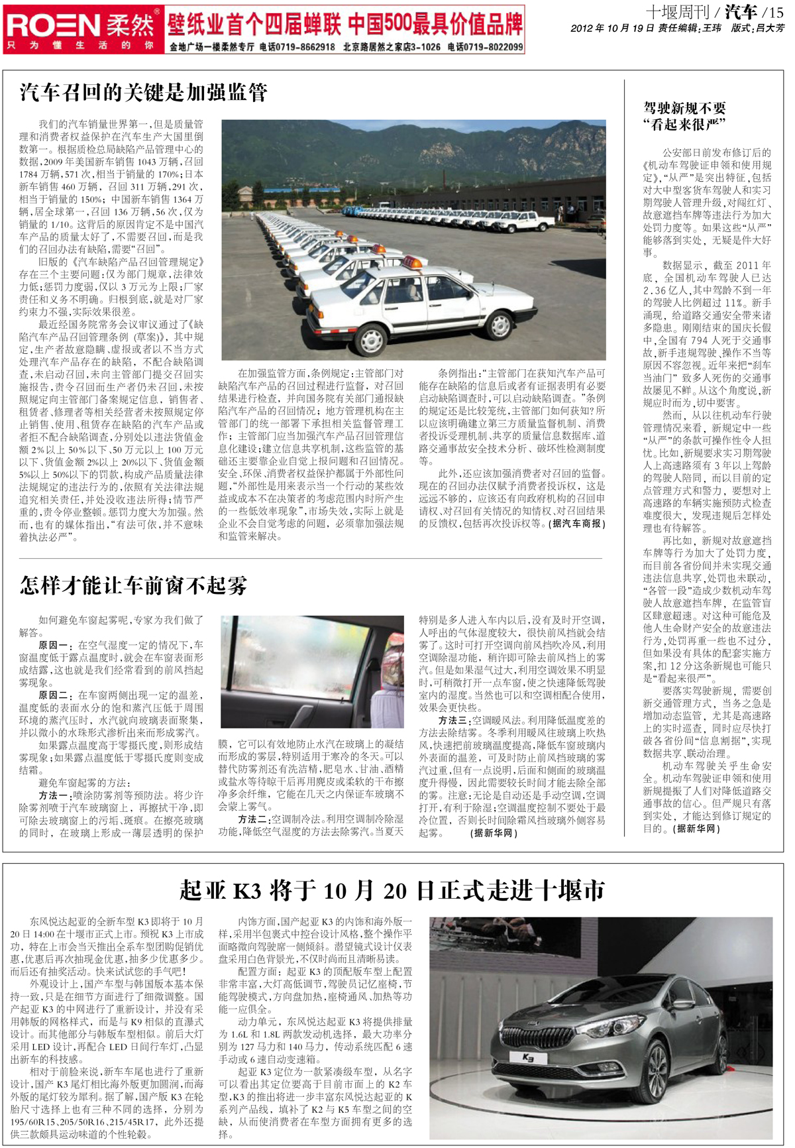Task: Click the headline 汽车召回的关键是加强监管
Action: (x=143, y=92)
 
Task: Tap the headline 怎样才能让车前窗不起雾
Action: (x=133, y=585)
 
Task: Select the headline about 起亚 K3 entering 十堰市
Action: (x=392, y=890)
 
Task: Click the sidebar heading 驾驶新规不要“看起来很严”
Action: (x=684, y=116)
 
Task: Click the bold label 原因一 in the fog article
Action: (x=53, y=645)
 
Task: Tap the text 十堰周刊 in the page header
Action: (x=676, y=12)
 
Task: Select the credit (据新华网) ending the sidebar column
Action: (x=696, y=829)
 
